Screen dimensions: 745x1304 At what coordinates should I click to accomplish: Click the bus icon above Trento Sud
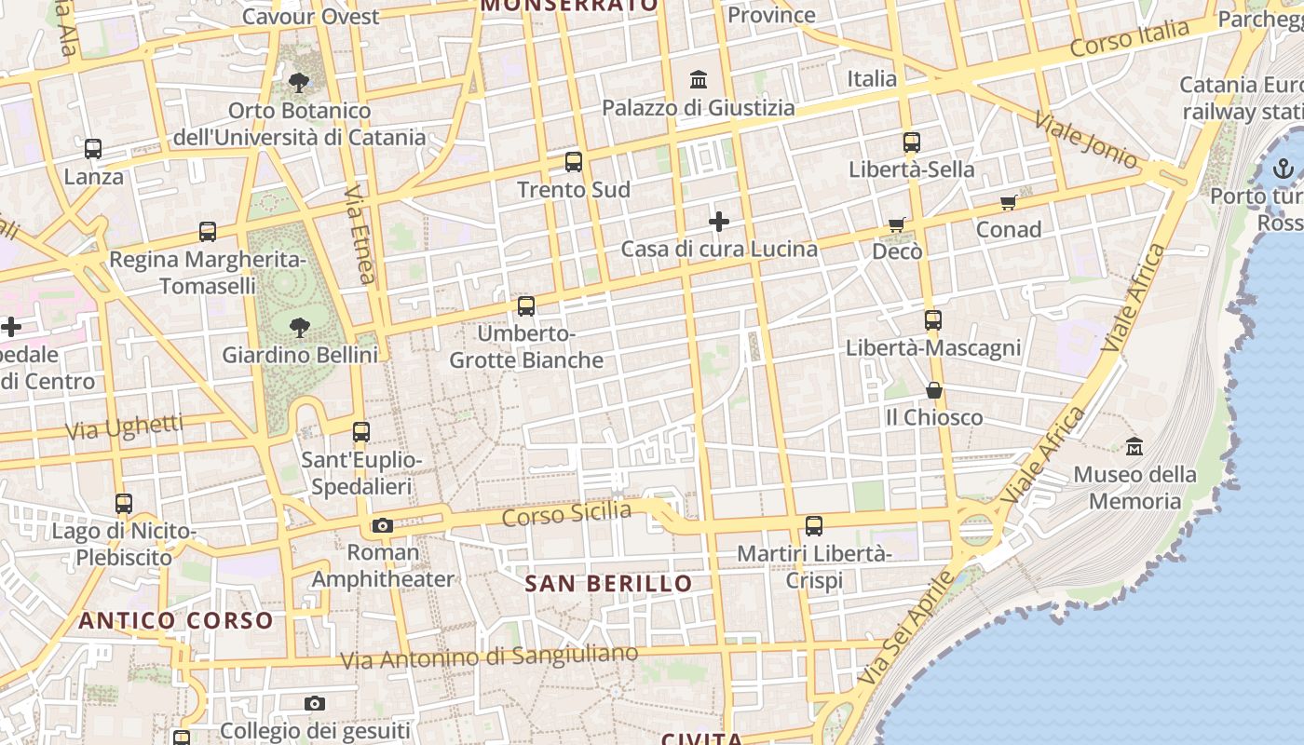click(x=574, y=162)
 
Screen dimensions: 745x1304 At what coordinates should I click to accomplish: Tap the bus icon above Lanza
click(x=93, y=148)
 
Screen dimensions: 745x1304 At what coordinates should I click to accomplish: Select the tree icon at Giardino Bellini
click(x=299, y=327)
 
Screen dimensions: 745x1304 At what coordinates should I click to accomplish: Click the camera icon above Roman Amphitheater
click(x=382, y=525)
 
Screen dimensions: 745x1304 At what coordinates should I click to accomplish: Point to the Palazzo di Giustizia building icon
click(x=699, y=80)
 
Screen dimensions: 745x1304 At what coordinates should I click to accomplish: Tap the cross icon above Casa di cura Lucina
click(x=719, y=222)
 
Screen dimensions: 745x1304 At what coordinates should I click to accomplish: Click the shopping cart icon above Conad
click(x=1009, y=202)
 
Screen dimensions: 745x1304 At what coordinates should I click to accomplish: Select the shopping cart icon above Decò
click(x=897, y=224)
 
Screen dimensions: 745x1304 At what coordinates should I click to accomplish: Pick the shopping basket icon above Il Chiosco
click(x=934, y=390)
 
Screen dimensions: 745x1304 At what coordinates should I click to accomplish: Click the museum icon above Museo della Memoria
click(x=1134, y=447)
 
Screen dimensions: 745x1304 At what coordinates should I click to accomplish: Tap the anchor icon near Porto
click(x=1284, y=169)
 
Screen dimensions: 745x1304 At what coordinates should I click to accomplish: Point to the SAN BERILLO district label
click(x=609, y=584)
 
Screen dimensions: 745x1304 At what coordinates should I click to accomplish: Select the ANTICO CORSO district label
click(x=176, y=620)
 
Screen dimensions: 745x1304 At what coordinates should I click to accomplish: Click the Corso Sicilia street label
click(x=566, y=513)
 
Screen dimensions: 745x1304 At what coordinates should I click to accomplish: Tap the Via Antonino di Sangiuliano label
click(x=489, y=657)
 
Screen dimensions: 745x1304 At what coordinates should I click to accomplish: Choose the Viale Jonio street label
click(x=1086, y=141)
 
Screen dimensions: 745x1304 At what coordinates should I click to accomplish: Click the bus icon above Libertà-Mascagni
click(x=933, y=320)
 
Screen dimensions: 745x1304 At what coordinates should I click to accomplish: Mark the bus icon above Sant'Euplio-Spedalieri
click(x=361, y=432)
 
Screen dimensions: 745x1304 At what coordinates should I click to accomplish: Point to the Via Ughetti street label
click(x=125, y=428)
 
